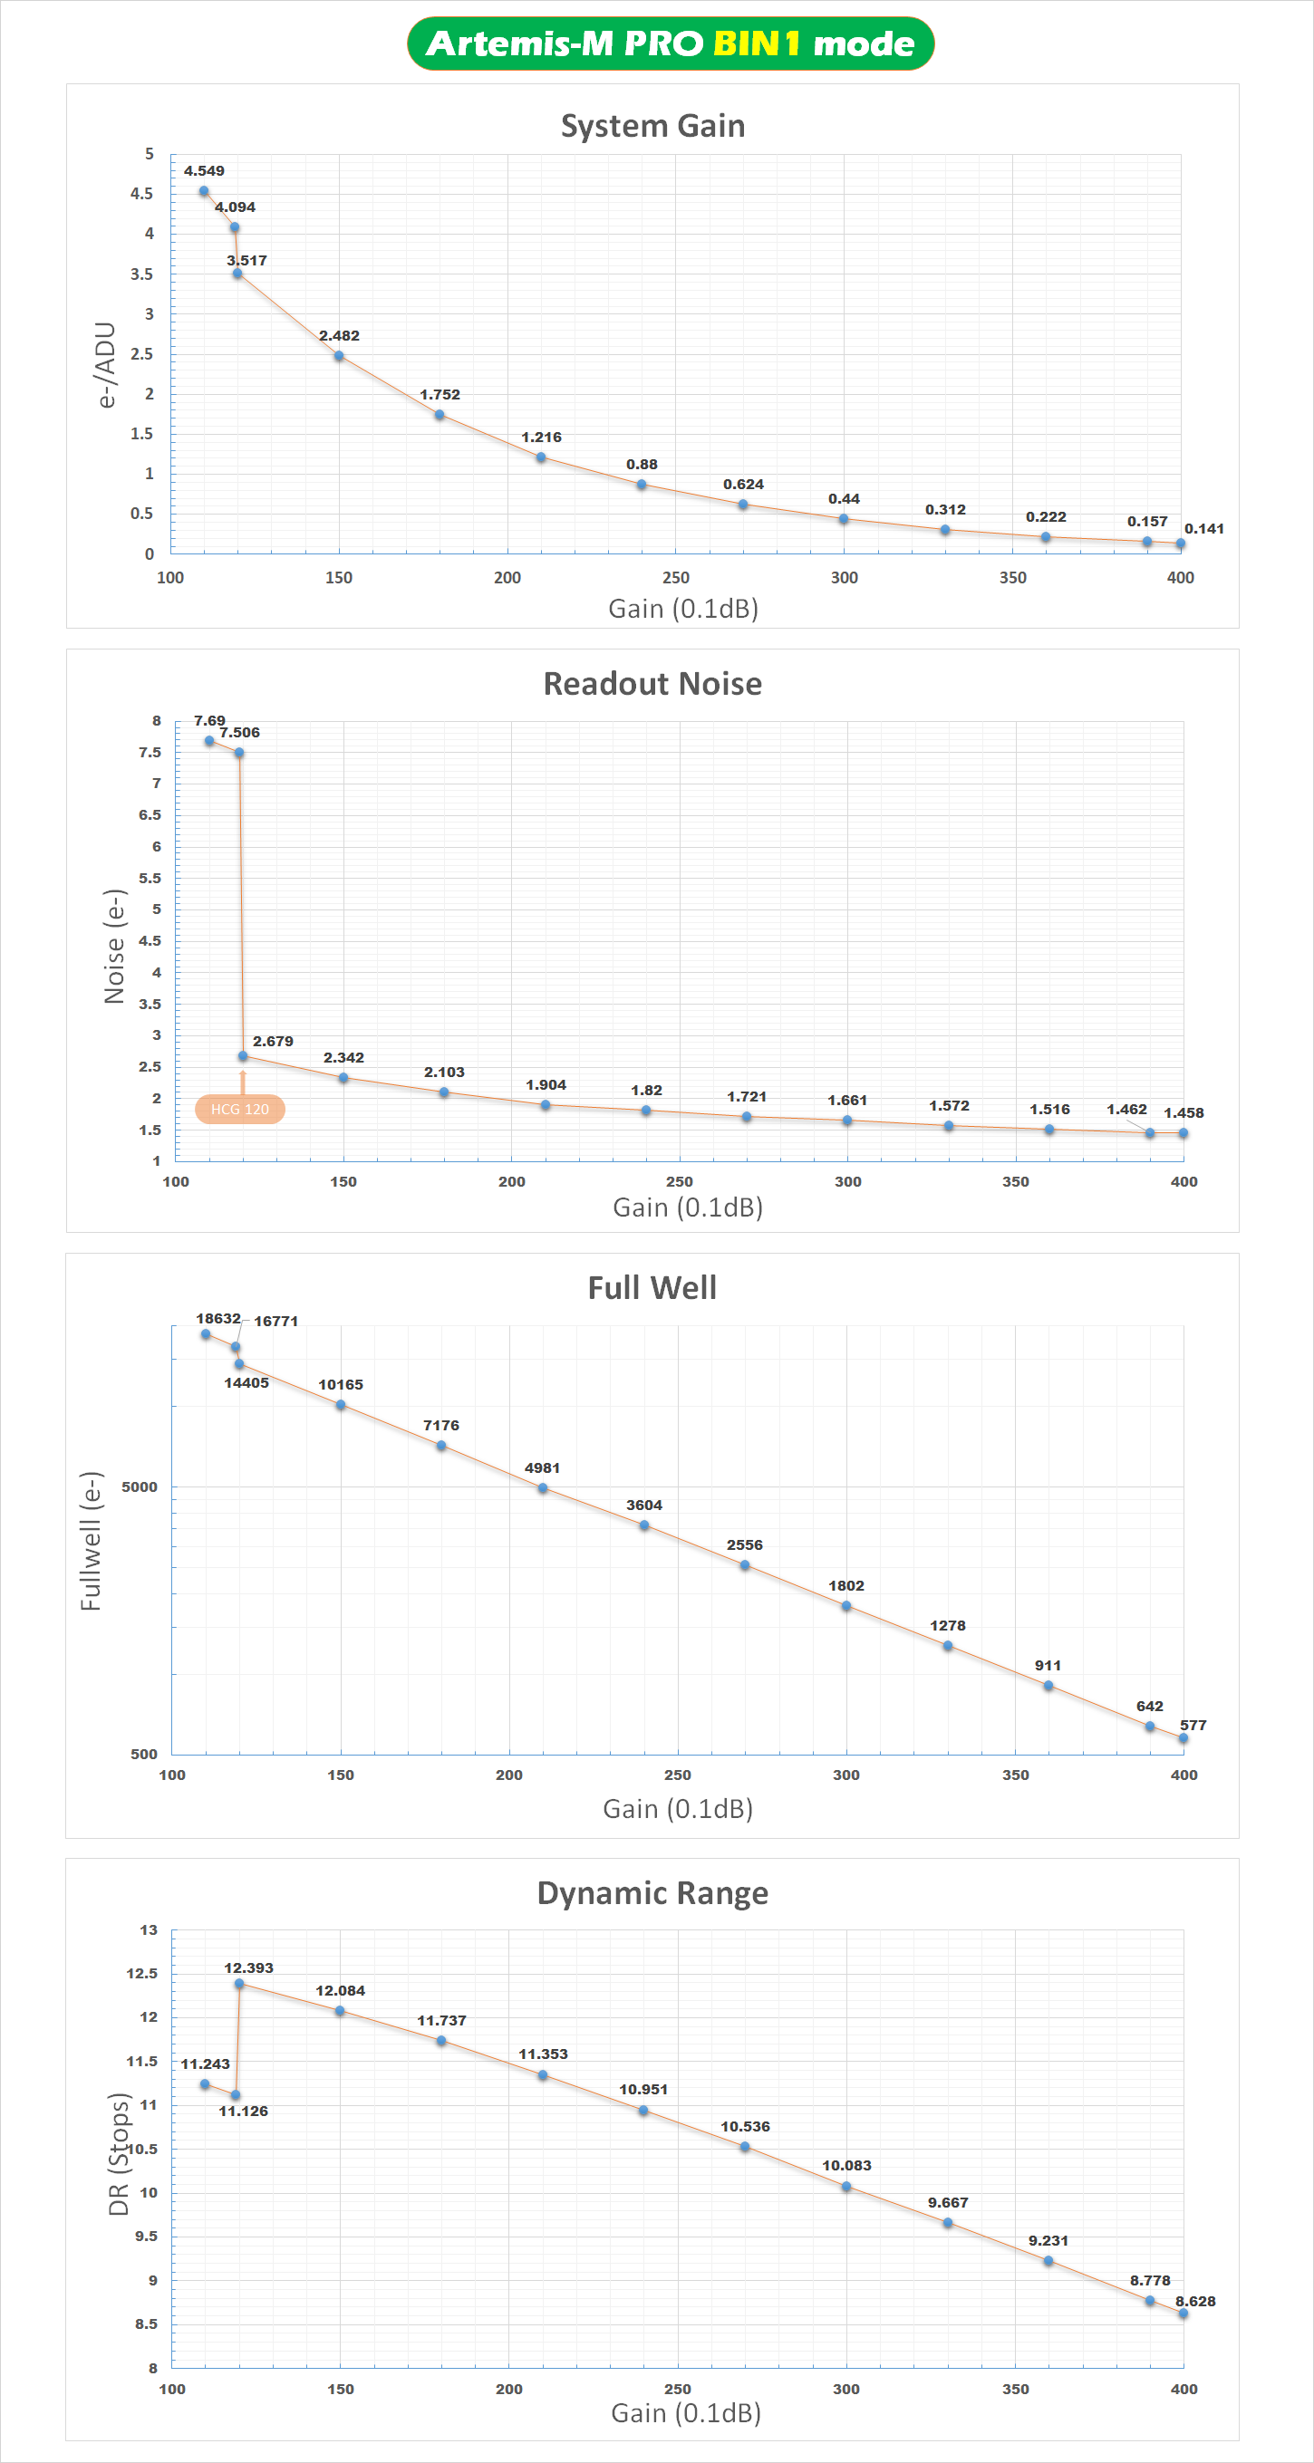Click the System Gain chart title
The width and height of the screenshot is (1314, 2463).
coord(652,126)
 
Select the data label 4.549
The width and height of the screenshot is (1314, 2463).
coord(204,171)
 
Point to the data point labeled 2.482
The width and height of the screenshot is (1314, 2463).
coord(339,356)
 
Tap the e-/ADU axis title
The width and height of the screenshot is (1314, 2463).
coord(106,364)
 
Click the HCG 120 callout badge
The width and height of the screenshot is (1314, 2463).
coord(239,1109)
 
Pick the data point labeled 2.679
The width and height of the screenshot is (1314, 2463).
coord(243,1056)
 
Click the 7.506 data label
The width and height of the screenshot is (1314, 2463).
coord(239,734)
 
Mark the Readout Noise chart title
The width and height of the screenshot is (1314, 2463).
coord(652,684)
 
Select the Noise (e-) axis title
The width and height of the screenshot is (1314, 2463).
coord(115,946)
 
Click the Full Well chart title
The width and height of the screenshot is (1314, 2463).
coord(652,1288)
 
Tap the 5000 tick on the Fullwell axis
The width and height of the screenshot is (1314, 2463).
coord(140,1486)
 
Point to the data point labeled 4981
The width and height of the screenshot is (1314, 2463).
coord(542,1488)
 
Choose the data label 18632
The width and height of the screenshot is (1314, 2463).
coord(218,1319)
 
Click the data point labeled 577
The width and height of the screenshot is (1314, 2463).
coord(1183,1738)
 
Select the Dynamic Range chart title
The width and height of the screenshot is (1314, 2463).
coord(652,1893)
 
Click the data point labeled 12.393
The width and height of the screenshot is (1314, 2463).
coord(239,1984)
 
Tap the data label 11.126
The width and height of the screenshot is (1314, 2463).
coord(243,2112)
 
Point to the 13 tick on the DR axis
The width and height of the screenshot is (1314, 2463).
coord(149,1930)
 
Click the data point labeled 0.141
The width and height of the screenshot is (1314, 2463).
coord(1180,544)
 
